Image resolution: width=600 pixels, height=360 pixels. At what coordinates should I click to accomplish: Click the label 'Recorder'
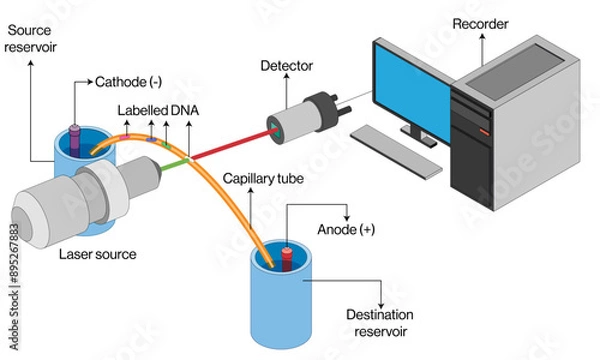pyautogui.click(x=481, y=22)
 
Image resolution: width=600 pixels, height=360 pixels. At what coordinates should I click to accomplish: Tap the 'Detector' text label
pyautogui.click(x=287, y=66)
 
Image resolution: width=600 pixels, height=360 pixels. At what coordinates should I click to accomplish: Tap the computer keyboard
pyautogui.click(x=397, y=151)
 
